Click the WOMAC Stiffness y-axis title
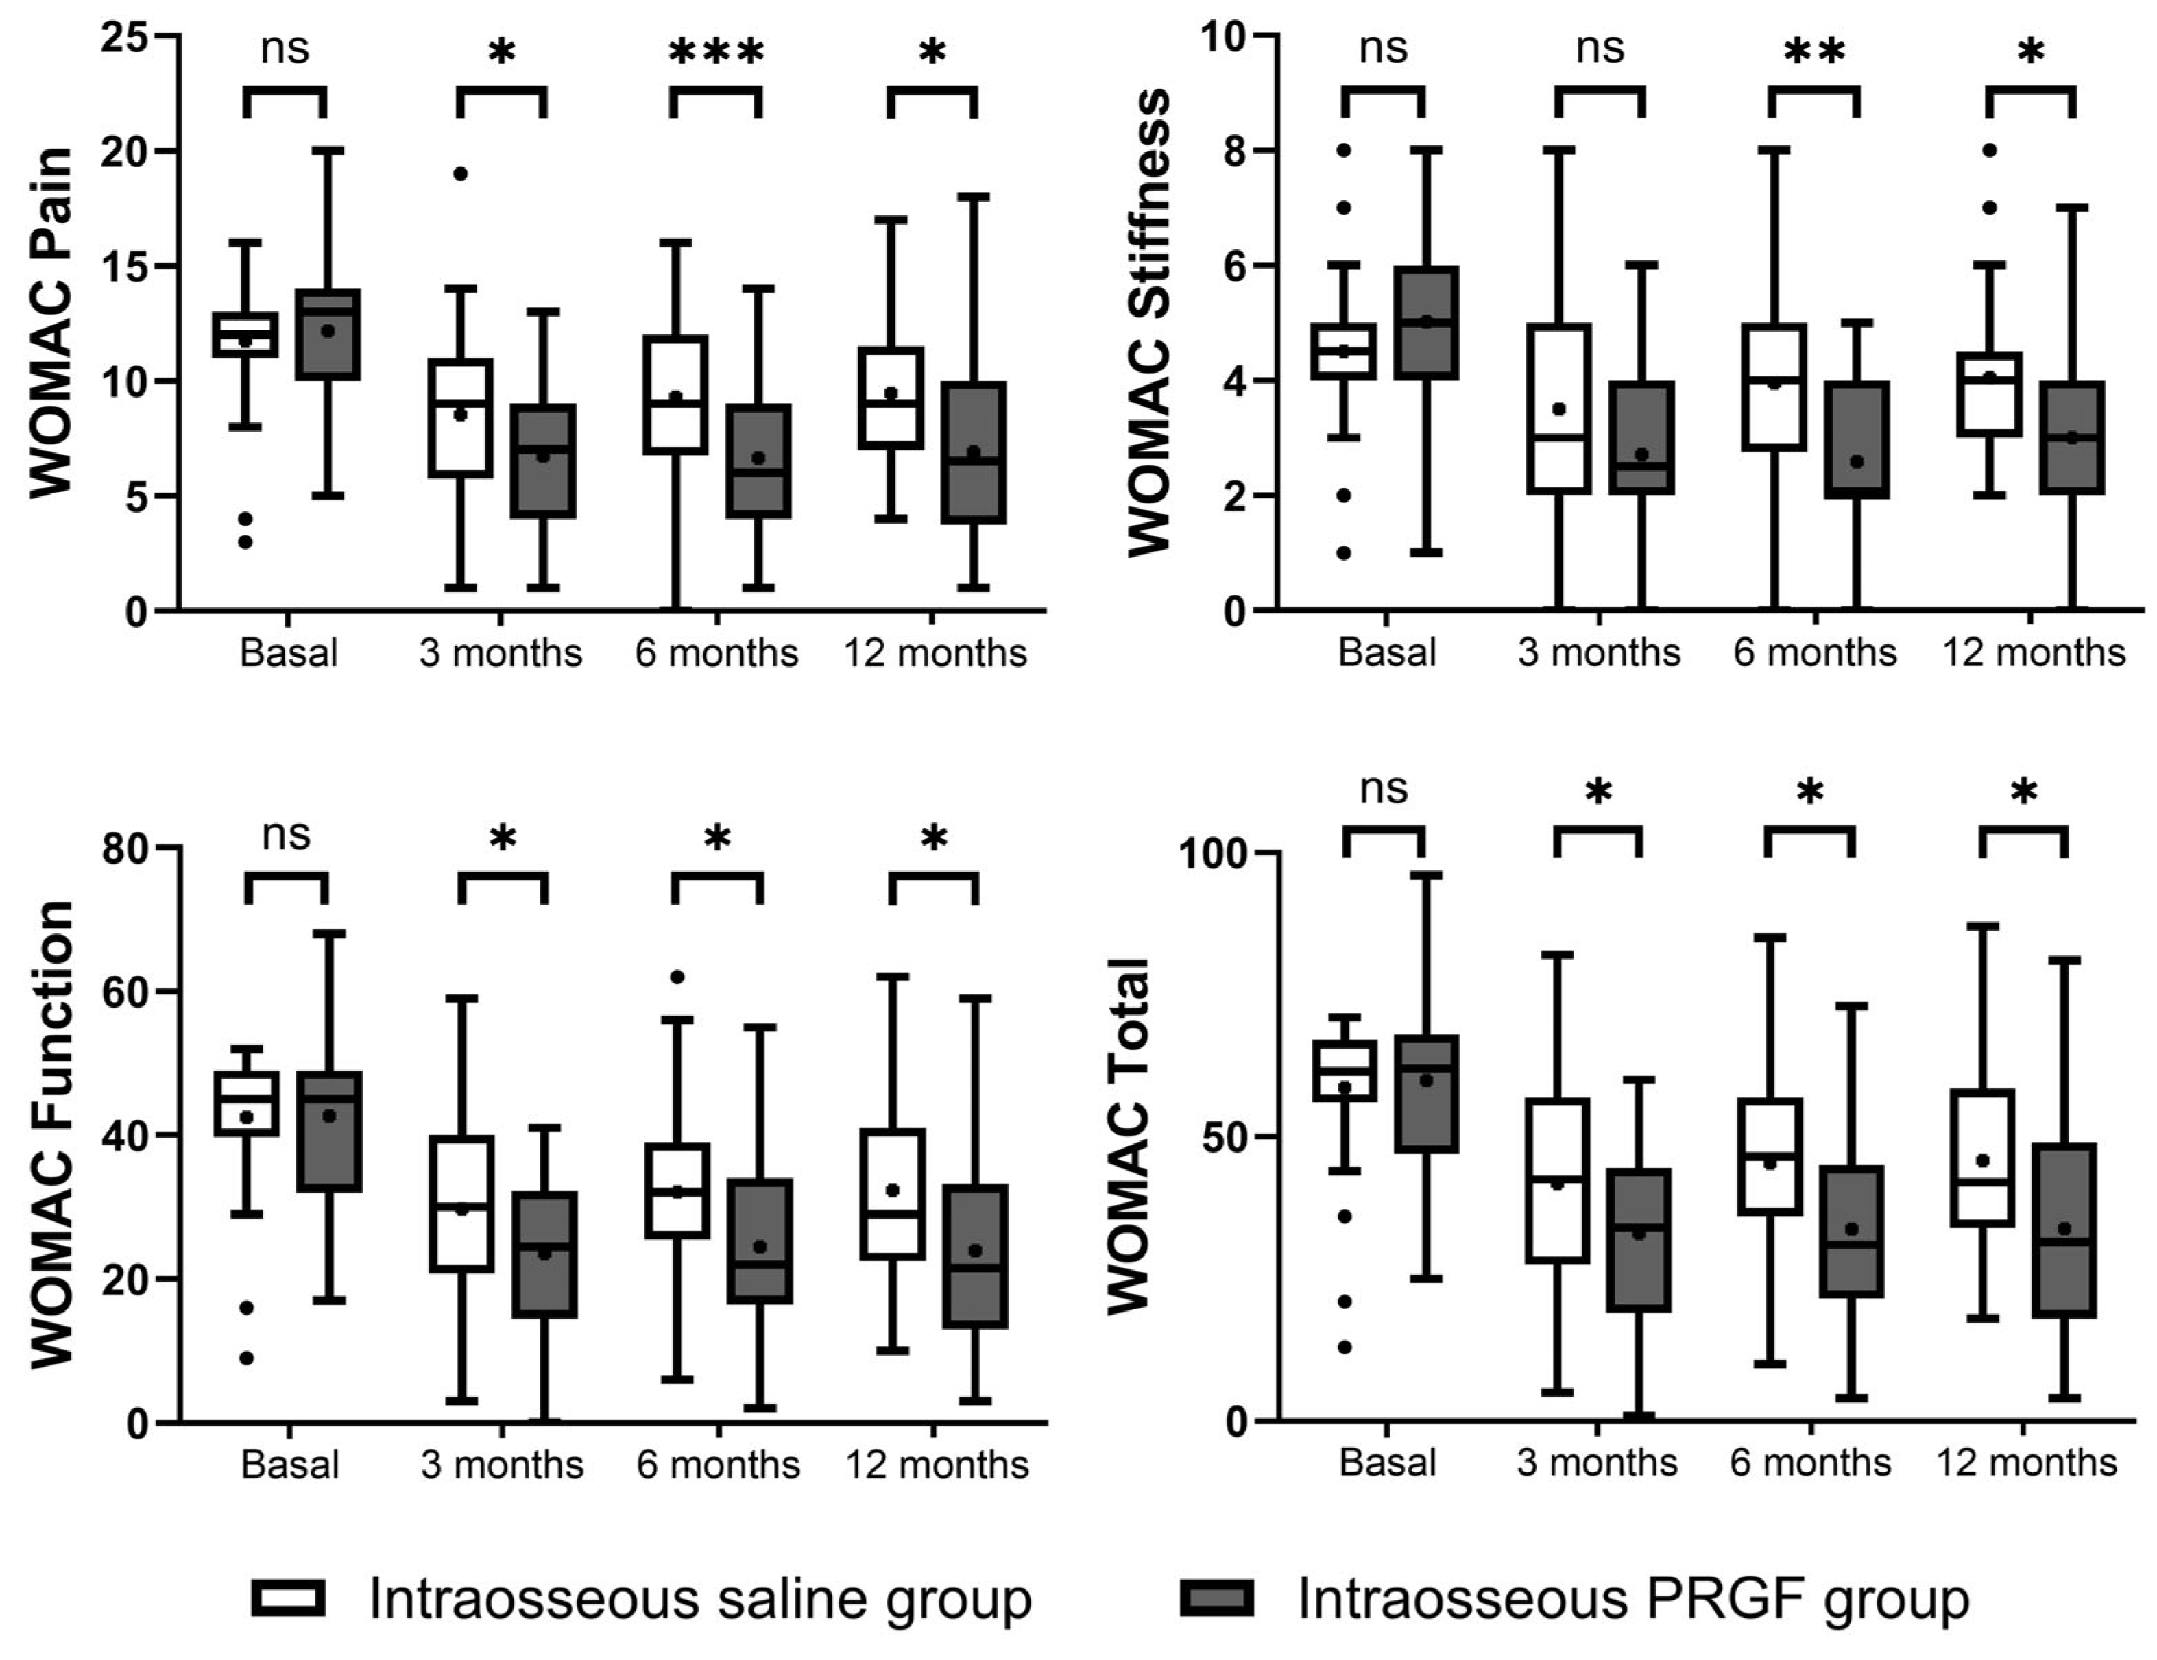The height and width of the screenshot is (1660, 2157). coord(1148,322)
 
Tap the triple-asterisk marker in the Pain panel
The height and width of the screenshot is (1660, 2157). coord(716,52)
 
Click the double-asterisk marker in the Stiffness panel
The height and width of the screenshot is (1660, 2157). coord(1814,52)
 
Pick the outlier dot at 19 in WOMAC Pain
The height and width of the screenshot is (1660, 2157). coord(460,174)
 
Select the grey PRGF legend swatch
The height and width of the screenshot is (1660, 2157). coord(1217,1597)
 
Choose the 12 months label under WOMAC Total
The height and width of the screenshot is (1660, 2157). coord(2027,1463)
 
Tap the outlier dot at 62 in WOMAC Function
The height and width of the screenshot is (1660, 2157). coord(677,977)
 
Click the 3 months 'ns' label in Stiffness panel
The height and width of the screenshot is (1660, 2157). coord(1600,49)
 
